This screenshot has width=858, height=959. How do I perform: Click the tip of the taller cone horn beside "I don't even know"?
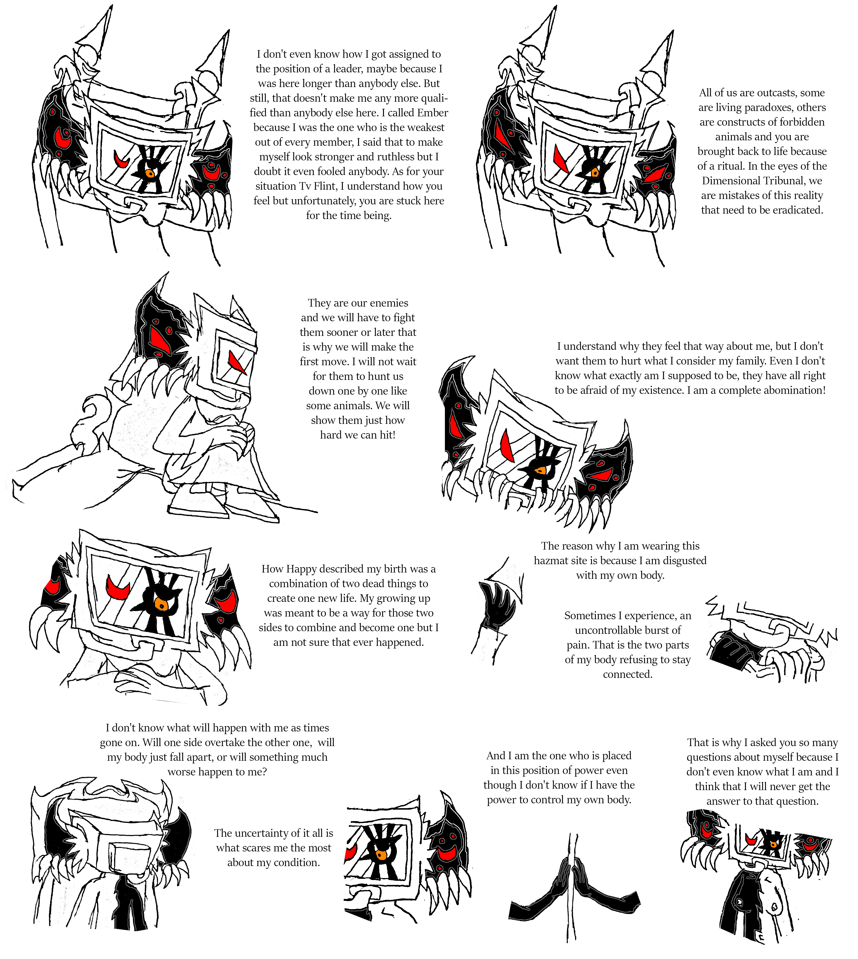(112, 6)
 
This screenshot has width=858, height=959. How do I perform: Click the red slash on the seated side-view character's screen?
(237, 363)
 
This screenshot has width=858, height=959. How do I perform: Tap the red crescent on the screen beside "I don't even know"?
(124, 160)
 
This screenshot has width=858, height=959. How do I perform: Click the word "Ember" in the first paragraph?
(432, 113)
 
